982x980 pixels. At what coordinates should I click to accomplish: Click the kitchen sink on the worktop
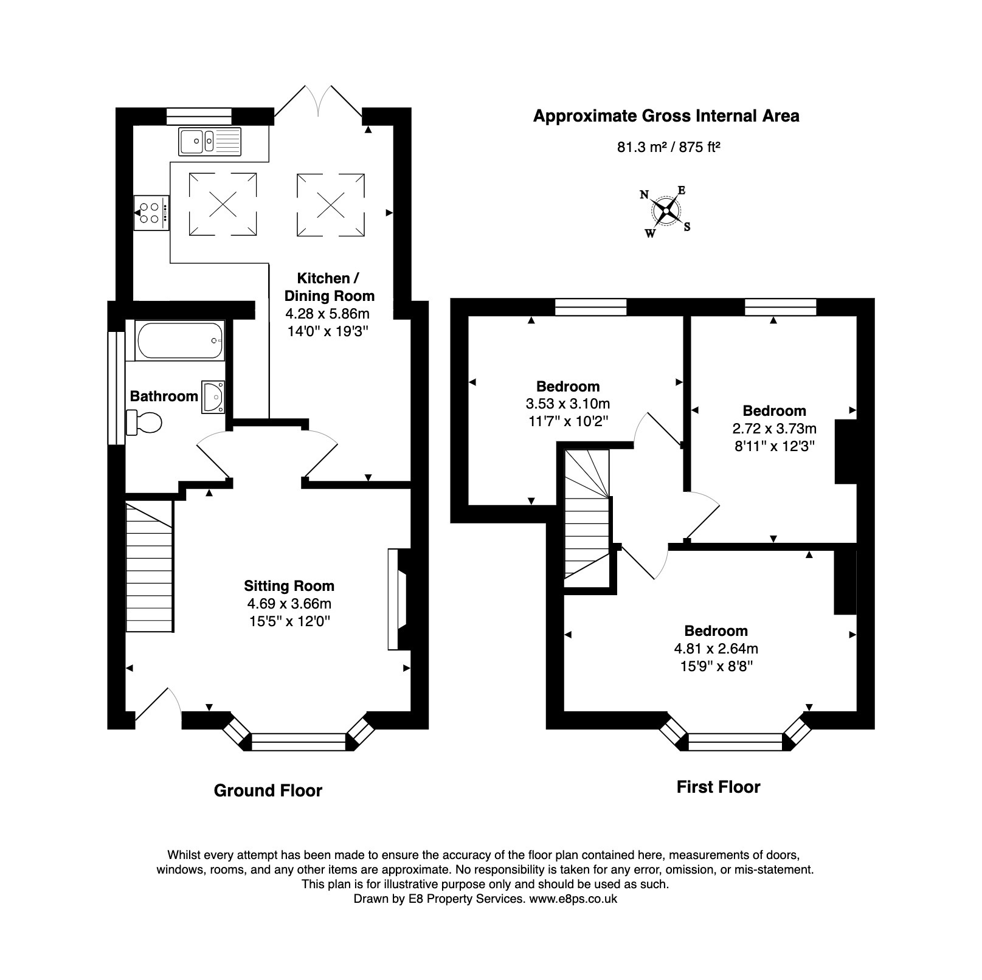click(210, 141)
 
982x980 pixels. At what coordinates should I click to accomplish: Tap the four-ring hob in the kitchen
click(151, 213)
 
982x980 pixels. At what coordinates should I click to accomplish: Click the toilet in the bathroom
click(145, 422)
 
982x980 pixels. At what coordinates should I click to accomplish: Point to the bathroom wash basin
click(213, 397)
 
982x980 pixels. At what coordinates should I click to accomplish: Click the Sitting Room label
click(289, 586)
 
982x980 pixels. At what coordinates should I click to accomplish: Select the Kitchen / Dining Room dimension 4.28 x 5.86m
click(327, 314)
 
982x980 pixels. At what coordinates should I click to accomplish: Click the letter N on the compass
click(645, 195)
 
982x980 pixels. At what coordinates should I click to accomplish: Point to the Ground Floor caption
click(268, 790)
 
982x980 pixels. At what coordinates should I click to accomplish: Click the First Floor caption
click(718, 787)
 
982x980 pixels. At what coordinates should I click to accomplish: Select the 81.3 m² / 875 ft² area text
click(669, 147)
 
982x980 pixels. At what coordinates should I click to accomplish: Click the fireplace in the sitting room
click(398, 599)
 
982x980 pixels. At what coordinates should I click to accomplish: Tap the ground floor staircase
click(149, 567)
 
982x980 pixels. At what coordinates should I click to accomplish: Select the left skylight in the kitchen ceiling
click(223, 204)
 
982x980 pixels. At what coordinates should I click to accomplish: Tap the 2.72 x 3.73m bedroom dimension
click(774, 429)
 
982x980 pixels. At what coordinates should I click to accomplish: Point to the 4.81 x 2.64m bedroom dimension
click(716, 649)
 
